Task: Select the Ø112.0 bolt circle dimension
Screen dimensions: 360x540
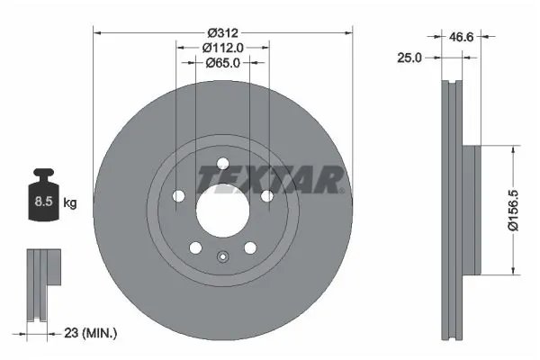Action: coord(221,47)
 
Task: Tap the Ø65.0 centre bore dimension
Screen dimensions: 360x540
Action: coord(221,63)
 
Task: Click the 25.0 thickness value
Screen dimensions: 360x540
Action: coord(410,57)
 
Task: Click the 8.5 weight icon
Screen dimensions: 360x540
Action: coord(40,201)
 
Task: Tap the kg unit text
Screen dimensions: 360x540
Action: coord(69,203)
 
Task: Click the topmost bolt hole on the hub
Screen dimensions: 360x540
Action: coord(221,162)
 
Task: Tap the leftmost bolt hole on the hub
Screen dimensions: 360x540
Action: coord(177,195)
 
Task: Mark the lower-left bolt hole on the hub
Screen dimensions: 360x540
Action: coord(193,247)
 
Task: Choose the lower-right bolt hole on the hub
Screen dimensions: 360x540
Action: coord(249,247)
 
